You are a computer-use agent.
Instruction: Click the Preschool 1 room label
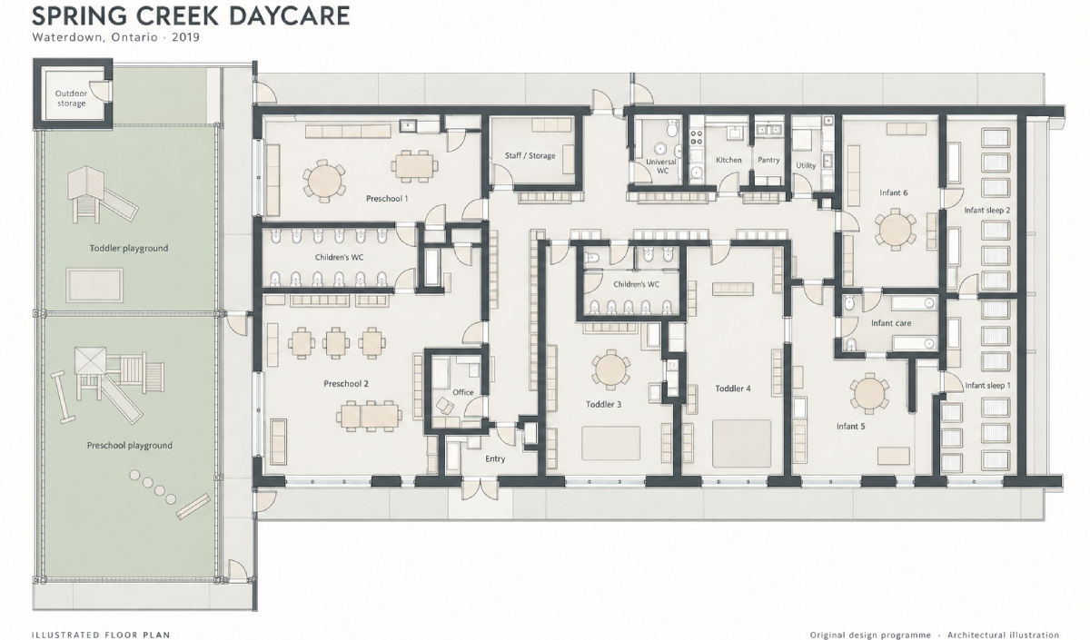pyautogui.click(x=387, y=199)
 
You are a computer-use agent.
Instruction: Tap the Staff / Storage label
pyautogui.click(x=530, y=155)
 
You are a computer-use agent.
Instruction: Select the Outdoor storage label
pyautogui.click(x=71, y=98)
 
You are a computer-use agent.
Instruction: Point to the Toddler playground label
pyautogui.click(x=128, y=248)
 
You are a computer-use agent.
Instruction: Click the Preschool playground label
pyautogui.click(x=129, y=446)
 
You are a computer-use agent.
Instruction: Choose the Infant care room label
pyautogui.click(x=891, y=323)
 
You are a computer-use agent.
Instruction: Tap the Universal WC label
pyautogui.click(x=661, y=166)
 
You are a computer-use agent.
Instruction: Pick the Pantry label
pyautogui.click(x=768, y=160)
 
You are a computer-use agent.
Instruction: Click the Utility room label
pyautogui.click(x=806, y=165)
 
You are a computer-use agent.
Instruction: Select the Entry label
pyautogui.click(x=495, y=458)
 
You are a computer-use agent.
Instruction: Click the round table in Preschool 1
pyautogui.click(x=322, y=181)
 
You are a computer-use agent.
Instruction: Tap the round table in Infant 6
pyautogui.click(x=895, y=229)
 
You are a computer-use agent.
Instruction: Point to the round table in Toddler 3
pyautogui.click(x=610, y=369)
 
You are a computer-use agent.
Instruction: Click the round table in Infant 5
pyautogui.click(x=869, y=393)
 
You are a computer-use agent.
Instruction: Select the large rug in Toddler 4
pyautogui.click(x=741, y=444)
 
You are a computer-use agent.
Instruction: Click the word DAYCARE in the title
pyautogui.click(x=289, y=16)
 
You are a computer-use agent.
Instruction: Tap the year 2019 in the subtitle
pyautogui.click(x=185, y=37)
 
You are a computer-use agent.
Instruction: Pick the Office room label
pyautogui.click(x=462, y=392)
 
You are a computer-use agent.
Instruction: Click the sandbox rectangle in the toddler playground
pyautogui.click(x=94, y=285)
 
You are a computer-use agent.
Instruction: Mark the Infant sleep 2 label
pyautogui.click(x=986, y=210)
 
